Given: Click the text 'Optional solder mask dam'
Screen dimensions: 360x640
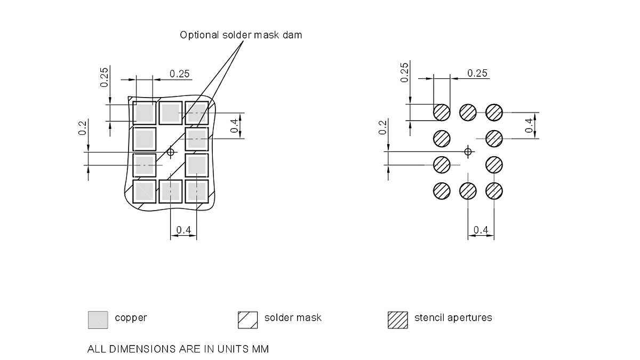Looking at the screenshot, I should tap(241, 35).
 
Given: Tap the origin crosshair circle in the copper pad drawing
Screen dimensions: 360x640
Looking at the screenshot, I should tap(171, 152).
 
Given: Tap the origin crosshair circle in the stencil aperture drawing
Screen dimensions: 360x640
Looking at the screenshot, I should tap(468, 152).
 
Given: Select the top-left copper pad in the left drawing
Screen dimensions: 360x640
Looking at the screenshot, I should tap(145, 113).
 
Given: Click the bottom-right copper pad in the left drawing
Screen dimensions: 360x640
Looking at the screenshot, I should tap(197, 191).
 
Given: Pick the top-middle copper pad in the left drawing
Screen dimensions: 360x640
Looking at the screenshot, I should tap(171, 113).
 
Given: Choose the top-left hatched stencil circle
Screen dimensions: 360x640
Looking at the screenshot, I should tap(442, 113).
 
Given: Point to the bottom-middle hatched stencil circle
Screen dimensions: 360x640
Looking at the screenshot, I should tap(468, 191).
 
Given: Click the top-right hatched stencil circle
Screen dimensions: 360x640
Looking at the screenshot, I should tap(494, 113).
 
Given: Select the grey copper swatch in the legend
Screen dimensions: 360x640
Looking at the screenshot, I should tap(98, 319).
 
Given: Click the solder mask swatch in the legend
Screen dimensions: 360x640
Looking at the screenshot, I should tap(247, 319).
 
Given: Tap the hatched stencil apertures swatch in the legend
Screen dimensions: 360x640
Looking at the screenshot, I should tap(397, 319).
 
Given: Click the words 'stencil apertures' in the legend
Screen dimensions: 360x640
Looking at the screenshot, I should tap(453, 318).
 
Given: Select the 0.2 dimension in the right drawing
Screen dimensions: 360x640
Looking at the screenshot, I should tap(382, 128).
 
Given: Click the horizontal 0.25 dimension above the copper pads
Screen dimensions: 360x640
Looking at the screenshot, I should tap(180, 74).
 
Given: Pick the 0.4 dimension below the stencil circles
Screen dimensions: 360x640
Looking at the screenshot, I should tap(481, 230).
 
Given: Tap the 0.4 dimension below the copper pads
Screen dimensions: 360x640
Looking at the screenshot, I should tap(183, 230).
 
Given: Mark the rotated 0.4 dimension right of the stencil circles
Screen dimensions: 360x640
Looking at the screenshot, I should tap(529, 125).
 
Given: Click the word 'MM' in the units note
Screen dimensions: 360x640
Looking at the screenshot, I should tap(260, 350).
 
